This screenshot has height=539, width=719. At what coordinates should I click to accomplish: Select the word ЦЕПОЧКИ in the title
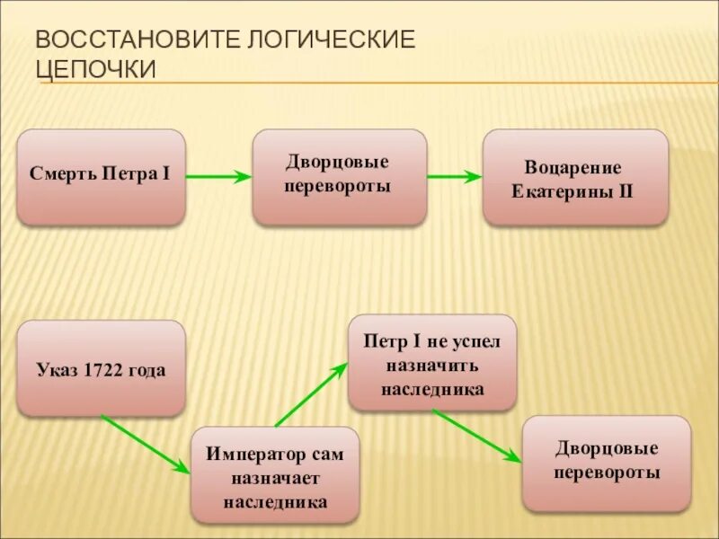click(x=96, y=69)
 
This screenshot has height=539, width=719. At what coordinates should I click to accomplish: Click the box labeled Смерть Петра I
click(x=101, y=177)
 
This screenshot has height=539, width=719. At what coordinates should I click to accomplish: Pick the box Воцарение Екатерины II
click(x=575, y=177)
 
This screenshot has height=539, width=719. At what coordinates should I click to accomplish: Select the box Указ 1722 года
click(x=101, y=368)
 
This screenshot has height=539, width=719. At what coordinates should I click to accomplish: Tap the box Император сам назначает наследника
click(x=275, y=474)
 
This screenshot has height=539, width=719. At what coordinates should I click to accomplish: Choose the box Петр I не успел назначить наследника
click(x=432, y=362)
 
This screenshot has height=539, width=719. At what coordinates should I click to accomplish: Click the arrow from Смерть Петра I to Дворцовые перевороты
click(x=218, y=177)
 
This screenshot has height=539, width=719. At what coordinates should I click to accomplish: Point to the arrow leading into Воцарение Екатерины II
click(x=455, y=177)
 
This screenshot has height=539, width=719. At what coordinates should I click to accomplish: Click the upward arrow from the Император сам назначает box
click(x=311, y=394)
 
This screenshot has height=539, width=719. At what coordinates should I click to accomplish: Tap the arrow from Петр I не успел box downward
click(x=476, y=436)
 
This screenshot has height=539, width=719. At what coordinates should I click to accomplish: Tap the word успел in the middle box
click(x=470, y=341)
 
